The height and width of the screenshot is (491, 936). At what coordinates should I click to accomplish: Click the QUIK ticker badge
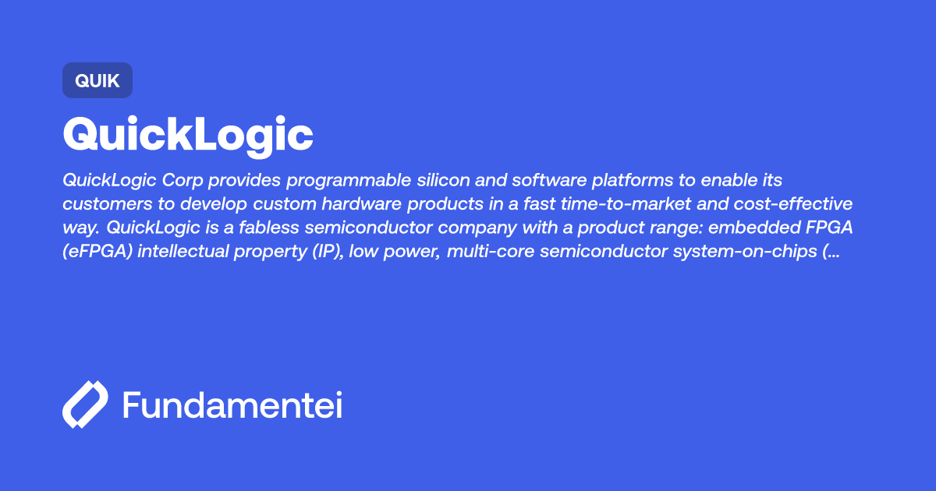coord(97,80)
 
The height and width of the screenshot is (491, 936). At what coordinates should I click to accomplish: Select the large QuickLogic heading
coord(188,136)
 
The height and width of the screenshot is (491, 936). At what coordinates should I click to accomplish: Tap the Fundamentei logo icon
coord(85,404)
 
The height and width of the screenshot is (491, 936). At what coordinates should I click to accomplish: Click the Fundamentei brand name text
coord(232,405)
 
